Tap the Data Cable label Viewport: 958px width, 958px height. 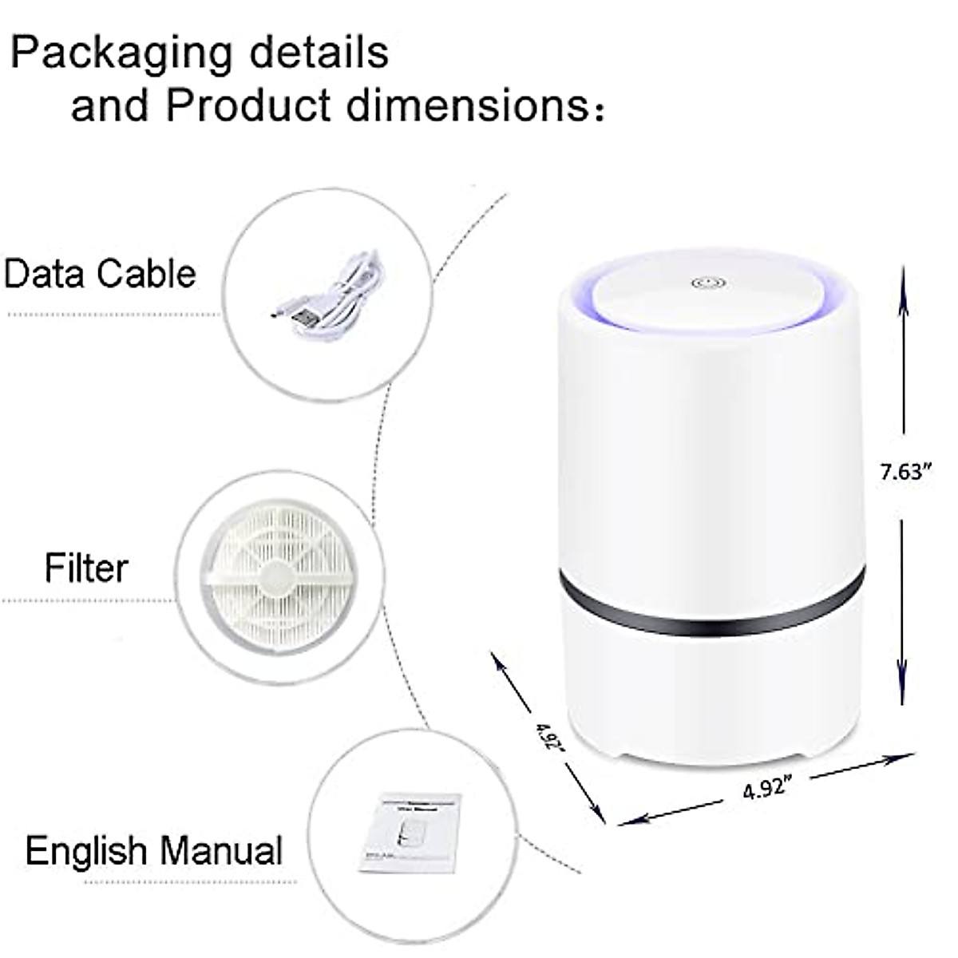click(100, 273)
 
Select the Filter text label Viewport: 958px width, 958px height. click(86, 568)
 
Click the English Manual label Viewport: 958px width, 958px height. click(154, 850)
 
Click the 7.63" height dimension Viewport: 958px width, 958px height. click(906, 472)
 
